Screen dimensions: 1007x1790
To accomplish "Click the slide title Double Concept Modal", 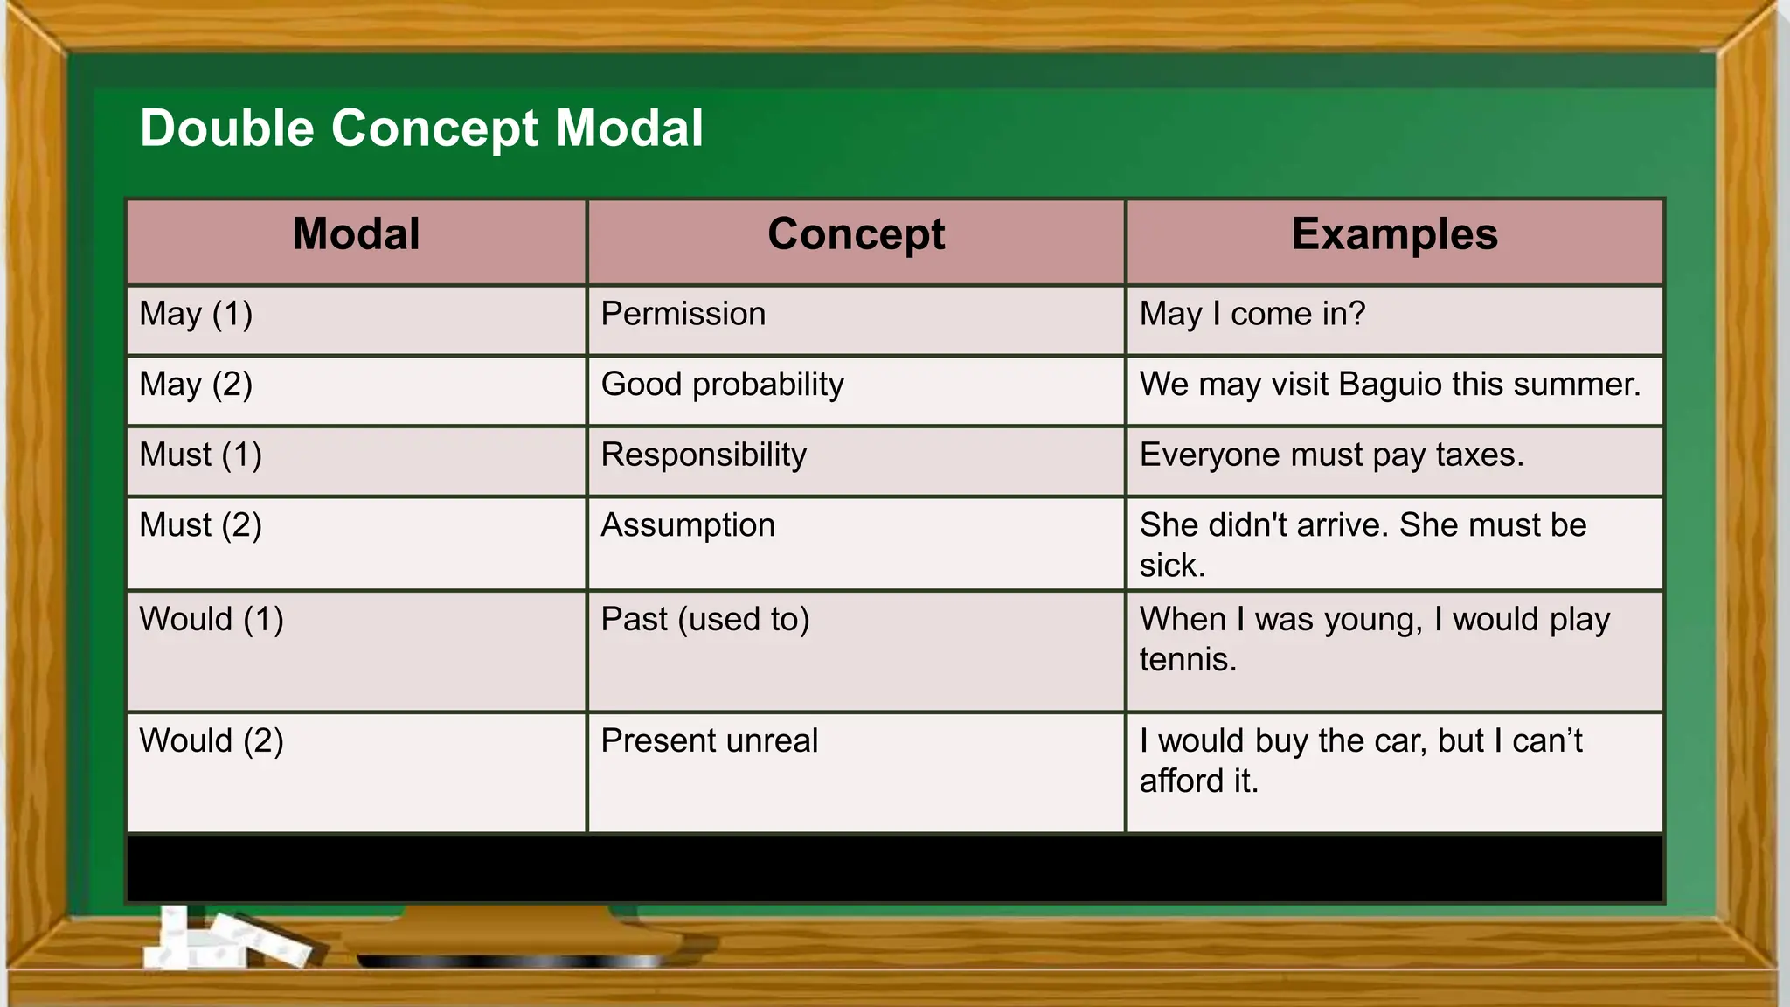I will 421,128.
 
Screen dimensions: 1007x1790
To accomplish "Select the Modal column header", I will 356,234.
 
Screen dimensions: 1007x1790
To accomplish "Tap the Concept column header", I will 856,234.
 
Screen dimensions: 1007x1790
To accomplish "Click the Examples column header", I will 1394,234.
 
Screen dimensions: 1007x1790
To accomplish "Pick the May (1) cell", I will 196,314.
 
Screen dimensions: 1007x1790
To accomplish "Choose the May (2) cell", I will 196,385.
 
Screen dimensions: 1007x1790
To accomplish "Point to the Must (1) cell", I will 200,455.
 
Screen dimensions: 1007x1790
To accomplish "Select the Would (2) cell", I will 212,741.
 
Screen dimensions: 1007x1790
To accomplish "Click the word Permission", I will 683,314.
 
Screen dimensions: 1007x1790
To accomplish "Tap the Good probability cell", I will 722,385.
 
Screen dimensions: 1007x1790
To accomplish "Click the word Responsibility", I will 704,455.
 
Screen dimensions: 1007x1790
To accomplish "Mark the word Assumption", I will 688,525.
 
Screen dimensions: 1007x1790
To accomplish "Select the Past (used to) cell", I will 705,620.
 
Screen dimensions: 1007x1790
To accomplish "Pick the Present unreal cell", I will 709,741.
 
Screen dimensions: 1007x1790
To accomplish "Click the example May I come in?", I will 1252,314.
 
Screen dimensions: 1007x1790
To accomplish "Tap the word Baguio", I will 1390,385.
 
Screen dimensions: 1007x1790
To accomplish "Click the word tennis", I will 1187,660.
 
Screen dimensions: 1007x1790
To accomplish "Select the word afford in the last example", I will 1181,781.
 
